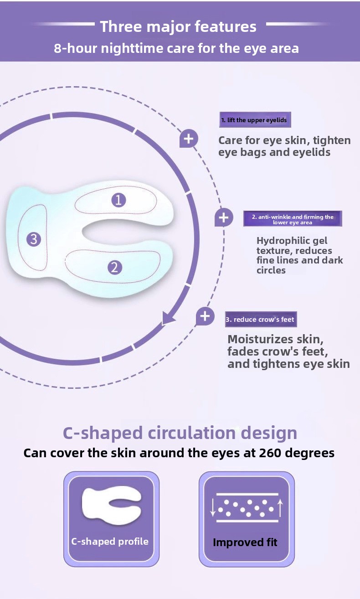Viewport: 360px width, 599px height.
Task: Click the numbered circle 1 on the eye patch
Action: click(118, 200)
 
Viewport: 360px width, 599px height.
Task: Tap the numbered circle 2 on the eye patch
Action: click(115, 267)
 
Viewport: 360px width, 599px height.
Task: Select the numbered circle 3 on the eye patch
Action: click(34, 239)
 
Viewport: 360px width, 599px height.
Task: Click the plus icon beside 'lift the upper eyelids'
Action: click(189, 139)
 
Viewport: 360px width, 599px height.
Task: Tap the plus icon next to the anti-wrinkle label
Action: click(224, 217)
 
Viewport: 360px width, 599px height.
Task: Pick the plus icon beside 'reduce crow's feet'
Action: click(205, 316)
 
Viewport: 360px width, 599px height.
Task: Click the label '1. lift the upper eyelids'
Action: click(255, 120)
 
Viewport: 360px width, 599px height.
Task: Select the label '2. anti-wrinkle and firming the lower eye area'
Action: click(293, 219)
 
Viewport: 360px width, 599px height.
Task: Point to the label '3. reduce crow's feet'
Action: click(261, 319)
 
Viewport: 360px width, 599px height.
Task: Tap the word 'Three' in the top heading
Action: click(121, 27)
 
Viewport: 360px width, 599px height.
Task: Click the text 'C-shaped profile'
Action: click(109, 541)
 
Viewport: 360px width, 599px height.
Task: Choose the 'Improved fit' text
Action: click(245, 542)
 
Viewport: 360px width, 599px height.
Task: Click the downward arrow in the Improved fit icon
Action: click(213, 507)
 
